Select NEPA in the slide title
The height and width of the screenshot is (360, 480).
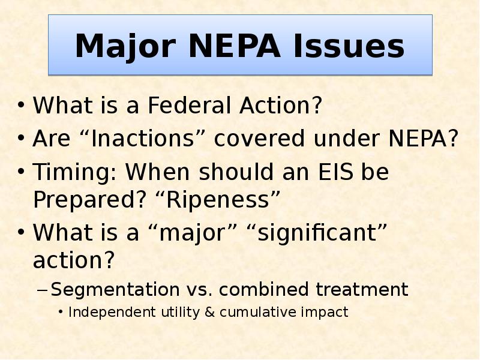[x=220, y=46]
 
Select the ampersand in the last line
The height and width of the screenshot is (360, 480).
[x=210, y=312]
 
